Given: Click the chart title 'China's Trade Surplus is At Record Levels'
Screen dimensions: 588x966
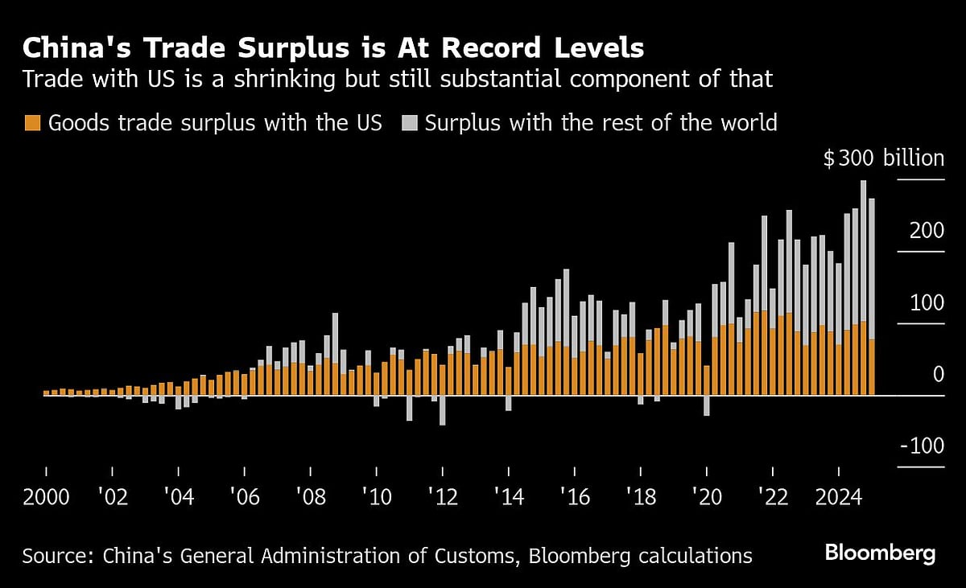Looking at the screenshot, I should (333, 47).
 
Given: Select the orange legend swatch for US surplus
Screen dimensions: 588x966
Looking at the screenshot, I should (32, 123).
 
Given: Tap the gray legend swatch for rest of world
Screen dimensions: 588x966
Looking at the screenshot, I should (411, 123).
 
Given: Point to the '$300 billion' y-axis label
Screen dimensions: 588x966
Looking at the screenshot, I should (883, 158).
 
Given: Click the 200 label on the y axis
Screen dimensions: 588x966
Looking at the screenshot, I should (925, 231).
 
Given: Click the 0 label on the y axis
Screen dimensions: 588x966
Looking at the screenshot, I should (938, 375).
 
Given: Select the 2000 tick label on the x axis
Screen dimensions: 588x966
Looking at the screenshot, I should (46, 496).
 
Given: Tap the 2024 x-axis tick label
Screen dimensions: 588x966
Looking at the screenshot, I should (838, 496).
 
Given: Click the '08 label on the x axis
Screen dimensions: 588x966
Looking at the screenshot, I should (311, 496).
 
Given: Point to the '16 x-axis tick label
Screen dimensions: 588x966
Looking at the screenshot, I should (575, 496).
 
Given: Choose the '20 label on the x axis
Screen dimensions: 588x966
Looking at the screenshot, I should (707, 496).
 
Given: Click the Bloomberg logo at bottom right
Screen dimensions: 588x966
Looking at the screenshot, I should (880, 553).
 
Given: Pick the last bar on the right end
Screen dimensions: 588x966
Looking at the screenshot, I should (872, 298).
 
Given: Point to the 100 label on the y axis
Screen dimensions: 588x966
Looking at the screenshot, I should (925, 303).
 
